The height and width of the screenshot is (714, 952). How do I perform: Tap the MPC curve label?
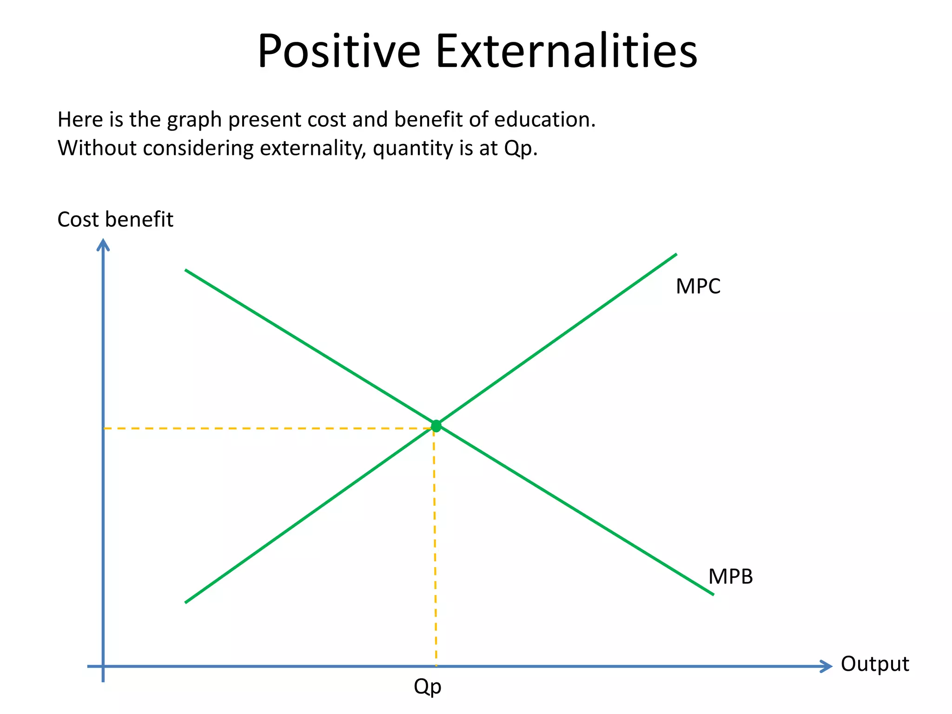pos(698,286)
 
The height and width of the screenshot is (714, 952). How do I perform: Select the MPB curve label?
pos(730,576)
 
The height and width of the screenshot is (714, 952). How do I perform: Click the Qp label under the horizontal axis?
pos(427,687)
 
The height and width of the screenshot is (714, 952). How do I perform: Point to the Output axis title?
pos(875,664)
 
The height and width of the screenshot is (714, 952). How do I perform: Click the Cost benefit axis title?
pos(115,219)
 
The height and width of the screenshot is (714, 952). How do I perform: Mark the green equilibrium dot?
pos(436,426)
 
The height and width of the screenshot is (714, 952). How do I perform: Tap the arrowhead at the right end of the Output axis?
pos(826,666)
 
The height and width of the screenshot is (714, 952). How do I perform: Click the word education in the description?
pos(544,119)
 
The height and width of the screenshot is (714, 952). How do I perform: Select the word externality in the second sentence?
pos(313,149)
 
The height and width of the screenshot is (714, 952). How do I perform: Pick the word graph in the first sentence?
pos(194,120)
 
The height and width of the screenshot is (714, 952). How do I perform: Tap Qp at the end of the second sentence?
pos(520,149)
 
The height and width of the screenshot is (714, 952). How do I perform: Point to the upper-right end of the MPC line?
pos(675,255)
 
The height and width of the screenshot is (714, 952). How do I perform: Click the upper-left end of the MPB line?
pos(186,270)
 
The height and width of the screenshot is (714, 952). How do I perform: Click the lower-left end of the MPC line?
pos(186,602)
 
